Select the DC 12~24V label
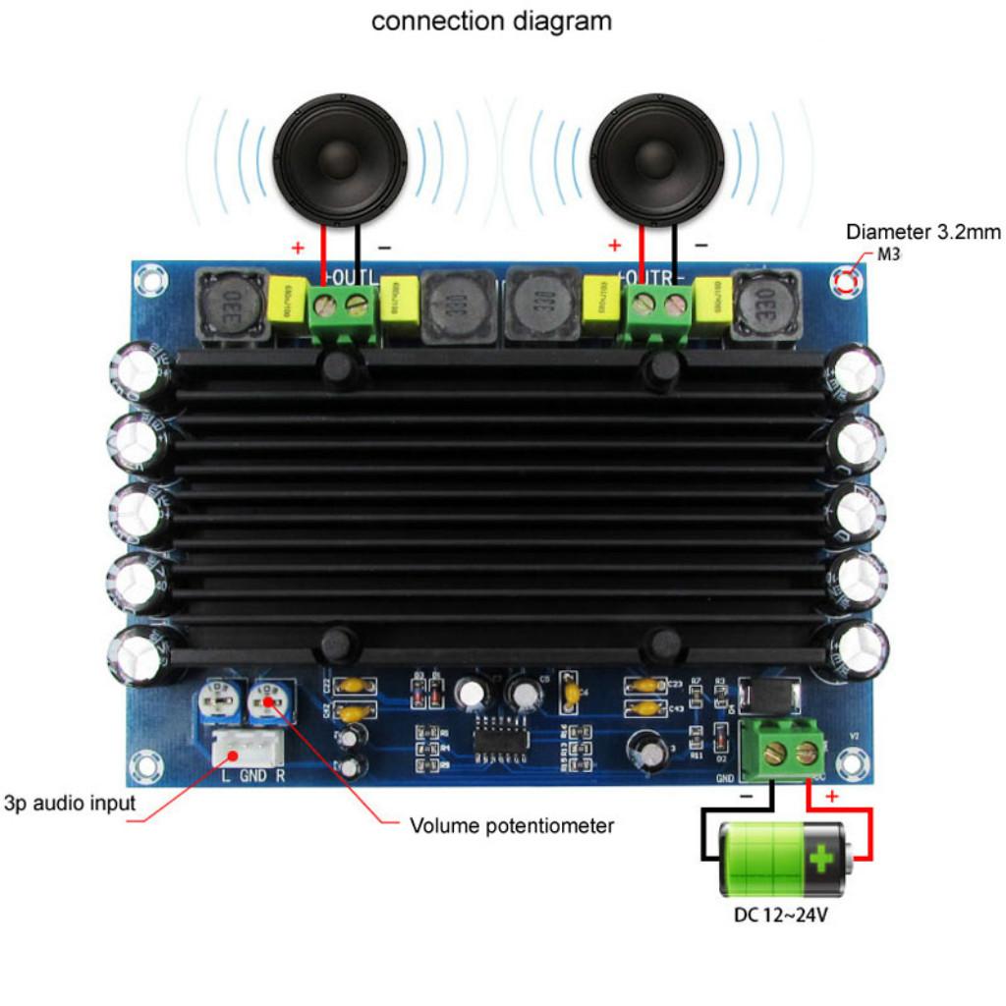pos(781,917)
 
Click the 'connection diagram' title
pos(491,21)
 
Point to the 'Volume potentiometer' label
pos(511,825)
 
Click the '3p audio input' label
pos(69,803)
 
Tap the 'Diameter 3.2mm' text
pos(923,233)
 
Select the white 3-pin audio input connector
pos(247,752)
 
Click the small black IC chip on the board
pos(504,736)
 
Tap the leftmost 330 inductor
pos(233,307)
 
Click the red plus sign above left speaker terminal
pos(298,247)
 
